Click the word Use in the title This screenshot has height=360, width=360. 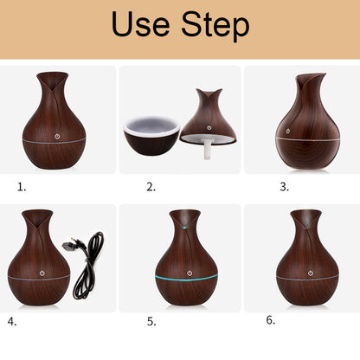tap(140, 24)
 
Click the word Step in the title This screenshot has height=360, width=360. tap(215, 26)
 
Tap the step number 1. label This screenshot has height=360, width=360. tap(22, 187)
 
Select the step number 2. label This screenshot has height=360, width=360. tap(151, 187)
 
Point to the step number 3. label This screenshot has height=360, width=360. tap(285, 187)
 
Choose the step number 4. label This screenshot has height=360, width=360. tap(12, 321)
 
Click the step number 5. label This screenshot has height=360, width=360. tap(151, 321)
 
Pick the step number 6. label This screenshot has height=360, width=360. tap(271, 320)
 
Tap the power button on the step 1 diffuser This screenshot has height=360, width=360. tap(57, 136)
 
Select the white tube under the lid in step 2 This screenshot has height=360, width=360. tap(208, 149)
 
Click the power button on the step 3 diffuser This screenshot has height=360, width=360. tap(287, 131)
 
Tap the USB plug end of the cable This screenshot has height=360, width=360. tap(68, 245)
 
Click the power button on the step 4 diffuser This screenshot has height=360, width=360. tap(42, 273)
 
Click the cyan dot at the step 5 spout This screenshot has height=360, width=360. tap(184, 228)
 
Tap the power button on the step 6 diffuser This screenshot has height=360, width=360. tap(311, 273)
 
